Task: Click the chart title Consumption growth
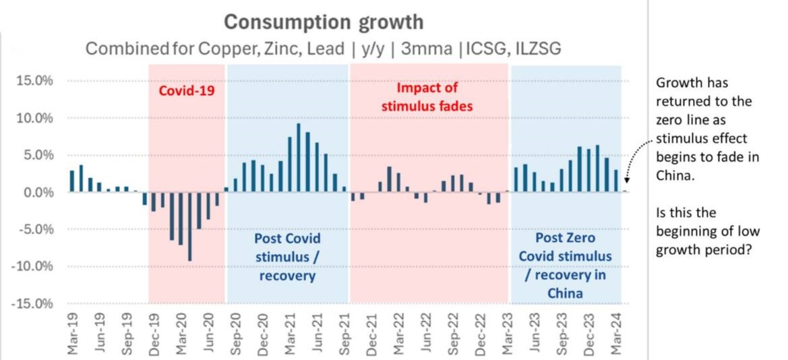[x=324, y=22]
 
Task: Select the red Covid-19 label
[x=187, y=90]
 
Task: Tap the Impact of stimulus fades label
[x=427, y=97]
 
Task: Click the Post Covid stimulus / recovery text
[x=287, y=258]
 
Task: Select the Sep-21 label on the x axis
[x=346, y=332]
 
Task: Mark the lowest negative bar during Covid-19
[x=190, y=227]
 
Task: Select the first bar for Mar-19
[x=72, y=181]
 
